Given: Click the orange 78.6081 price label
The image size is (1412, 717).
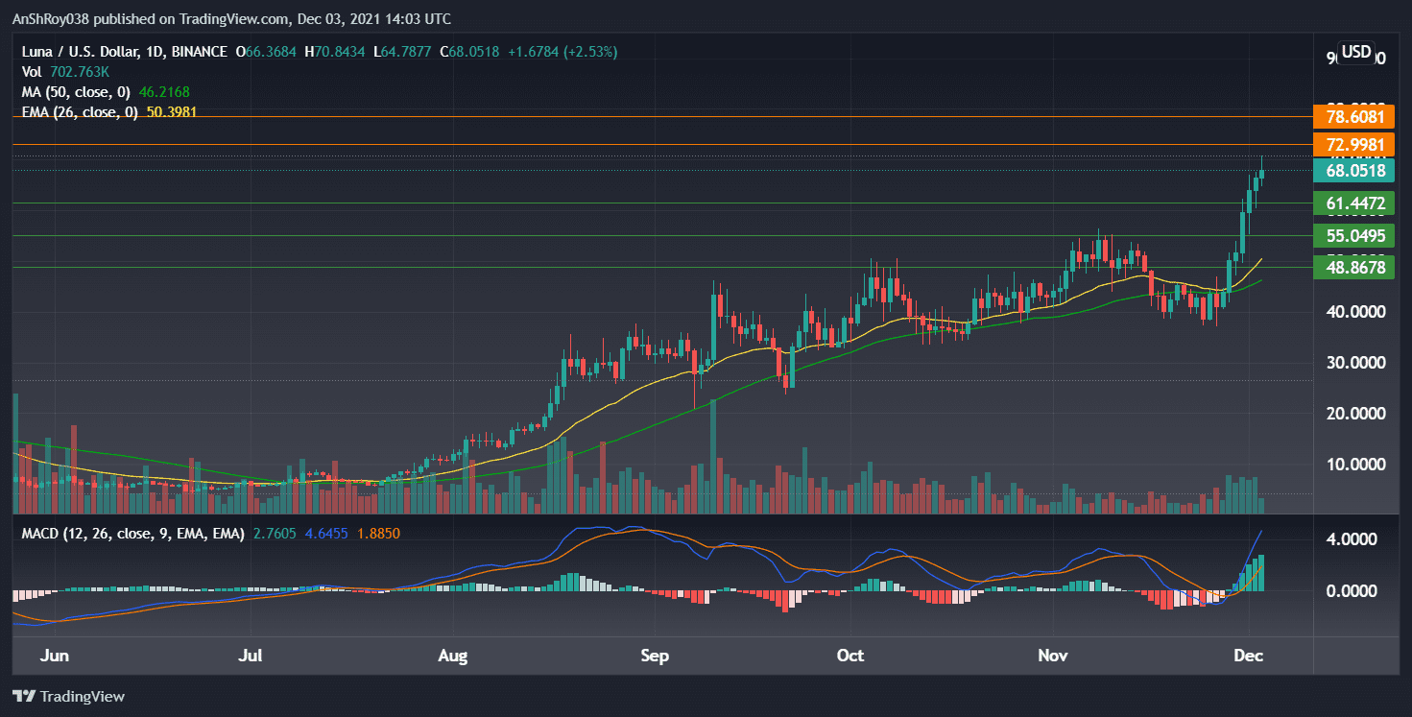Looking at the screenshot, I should coord(1354,117).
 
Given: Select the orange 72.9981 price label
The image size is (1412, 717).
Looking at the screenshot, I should coord(1354,145).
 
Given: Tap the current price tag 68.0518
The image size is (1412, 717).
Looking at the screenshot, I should coord(1354,171).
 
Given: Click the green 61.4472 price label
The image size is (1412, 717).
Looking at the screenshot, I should coord(1354,203).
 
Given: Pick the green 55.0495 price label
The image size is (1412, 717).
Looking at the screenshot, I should coord(1354,236).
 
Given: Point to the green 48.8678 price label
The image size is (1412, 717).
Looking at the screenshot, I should coord(1354,268).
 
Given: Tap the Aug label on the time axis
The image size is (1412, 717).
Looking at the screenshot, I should coord(452,657).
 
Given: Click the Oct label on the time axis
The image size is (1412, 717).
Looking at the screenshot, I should coord(850,657).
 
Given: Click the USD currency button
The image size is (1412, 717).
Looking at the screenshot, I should coord(1356,52).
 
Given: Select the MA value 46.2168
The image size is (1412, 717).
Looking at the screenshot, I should coord(177,92).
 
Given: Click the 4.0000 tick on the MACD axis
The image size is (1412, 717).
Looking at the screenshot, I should coord(1354,540).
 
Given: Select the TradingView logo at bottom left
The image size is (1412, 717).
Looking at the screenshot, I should coord(69,697).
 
